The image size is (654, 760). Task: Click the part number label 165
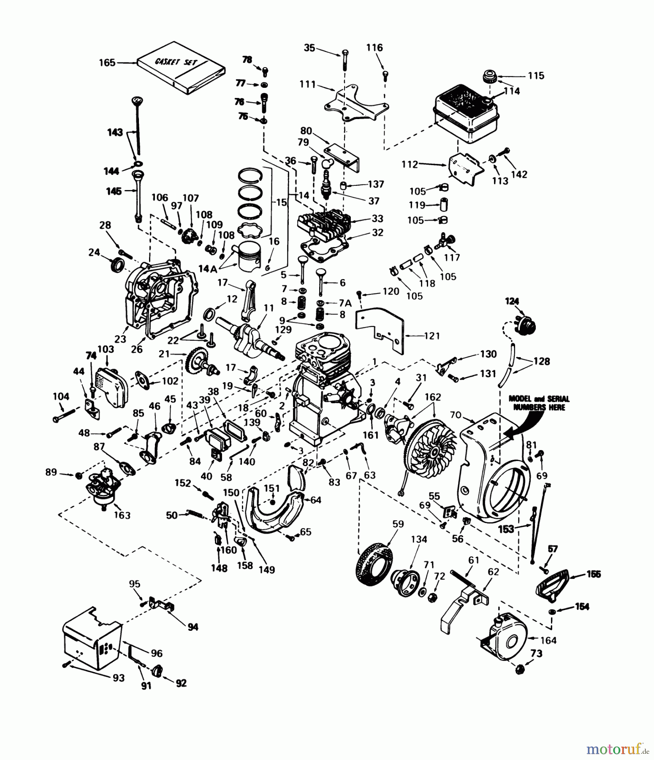click(107, 62)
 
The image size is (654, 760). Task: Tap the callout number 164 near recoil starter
click(548, 641)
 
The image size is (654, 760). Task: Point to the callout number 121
click(431, 336)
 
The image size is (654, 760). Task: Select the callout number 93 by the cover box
click(119, 678)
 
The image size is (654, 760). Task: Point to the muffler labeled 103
click(110, 385)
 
